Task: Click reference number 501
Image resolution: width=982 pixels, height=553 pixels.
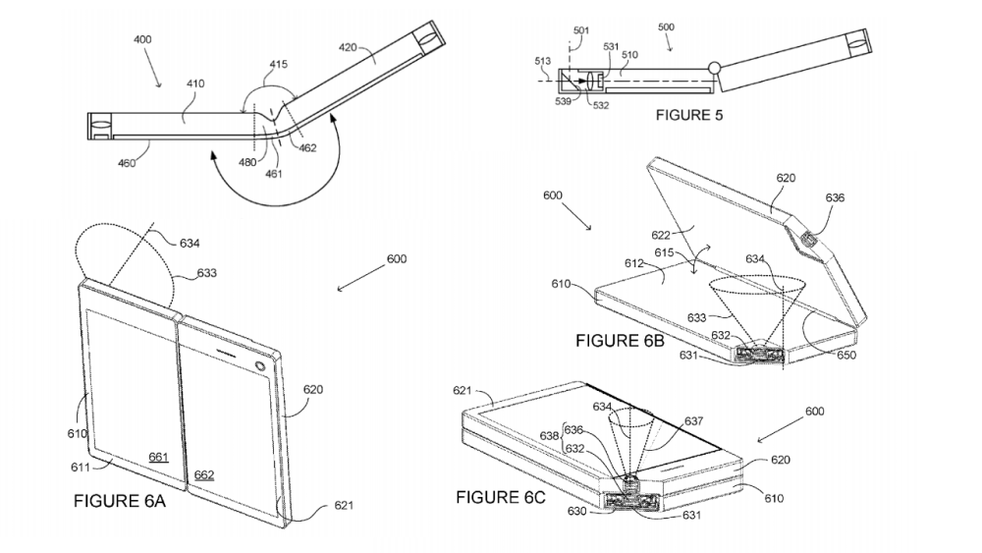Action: [x=581, y=30]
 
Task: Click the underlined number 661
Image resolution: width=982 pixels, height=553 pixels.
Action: [x=158, y=457]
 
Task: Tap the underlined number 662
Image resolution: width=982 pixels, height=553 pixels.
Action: [x=204, y=474]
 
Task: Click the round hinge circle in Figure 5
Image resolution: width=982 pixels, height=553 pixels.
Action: [x=714, y=68]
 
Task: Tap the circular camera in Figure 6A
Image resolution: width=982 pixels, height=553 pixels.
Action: [x=261, y=366]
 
